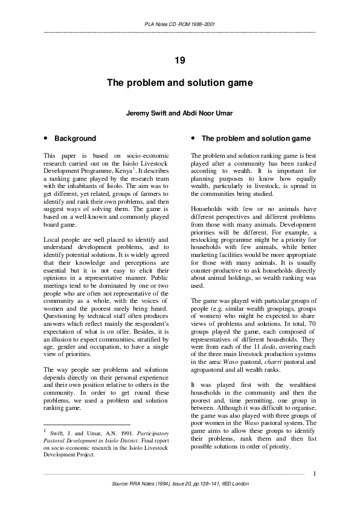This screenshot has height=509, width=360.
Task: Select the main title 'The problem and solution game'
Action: [x=179, y=82]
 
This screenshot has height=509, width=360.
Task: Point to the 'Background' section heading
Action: [x=76, y=138]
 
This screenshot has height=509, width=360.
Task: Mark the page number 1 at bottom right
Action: [x=315, y=473]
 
